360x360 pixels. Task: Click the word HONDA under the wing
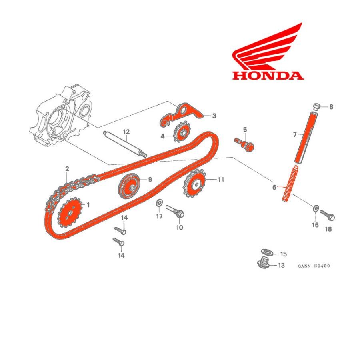pos(268,76)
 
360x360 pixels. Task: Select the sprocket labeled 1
pos(70,212)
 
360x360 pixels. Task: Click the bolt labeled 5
pos(245,145)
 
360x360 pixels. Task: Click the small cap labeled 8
pos(317,107)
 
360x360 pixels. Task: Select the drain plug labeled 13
pos(264,263)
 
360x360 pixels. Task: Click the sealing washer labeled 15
pos(267,252)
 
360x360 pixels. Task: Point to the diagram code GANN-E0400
pos(314,266)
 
